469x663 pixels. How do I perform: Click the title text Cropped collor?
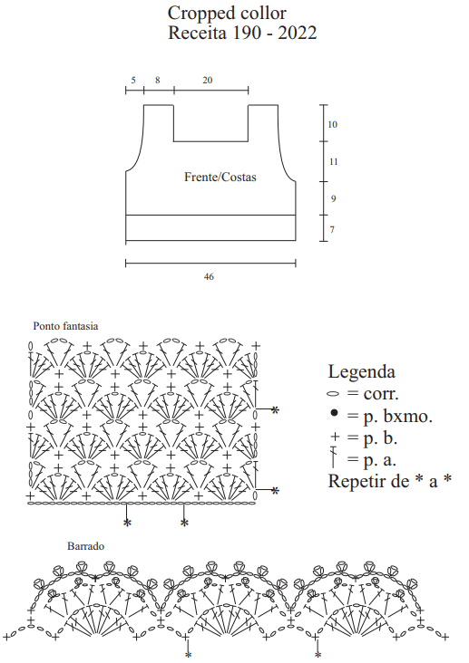[x=227, y=14]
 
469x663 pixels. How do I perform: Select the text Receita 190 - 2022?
[x=242, y=33]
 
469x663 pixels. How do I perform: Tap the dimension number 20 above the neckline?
[x=207, y=80]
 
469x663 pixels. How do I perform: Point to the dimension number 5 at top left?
[x=133, y=80]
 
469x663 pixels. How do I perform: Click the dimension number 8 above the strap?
[x=158, y=80]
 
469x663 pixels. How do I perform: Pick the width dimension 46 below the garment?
[x=209, y=276]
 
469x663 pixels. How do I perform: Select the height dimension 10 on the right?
[x=333, y=124]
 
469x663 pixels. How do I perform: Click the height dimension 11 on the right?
[x=333, y=161]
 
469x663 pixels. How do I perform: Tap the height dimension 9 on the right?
[x=334, y=198]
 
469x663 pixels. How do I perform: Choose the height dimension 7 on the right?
[x=332, y=229]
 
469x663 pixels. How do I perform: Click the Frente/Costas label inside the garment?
[x=220, y=177]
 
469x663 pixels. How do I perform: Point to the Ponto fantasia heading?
[x=65, y=326]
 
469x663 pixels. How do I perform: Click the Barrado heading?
[x=85, y=546]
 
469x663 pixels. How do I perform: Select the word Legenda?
[x=361, y=371]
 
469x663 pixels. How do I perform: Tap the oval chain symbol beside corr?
[x=334, y=394]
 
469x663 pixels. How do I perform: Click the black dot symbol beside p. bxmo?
[x=334, y=413]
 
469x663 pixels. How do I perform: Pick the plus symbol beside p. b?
[x=335, y=437]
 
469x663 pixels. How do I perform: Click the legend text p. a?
[x=379, y=459]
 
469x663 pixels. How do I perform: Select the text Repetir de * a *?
[x=390, y=481]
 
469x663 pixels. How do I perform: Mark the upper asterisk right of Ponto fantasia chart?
[x=276, y=409]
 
